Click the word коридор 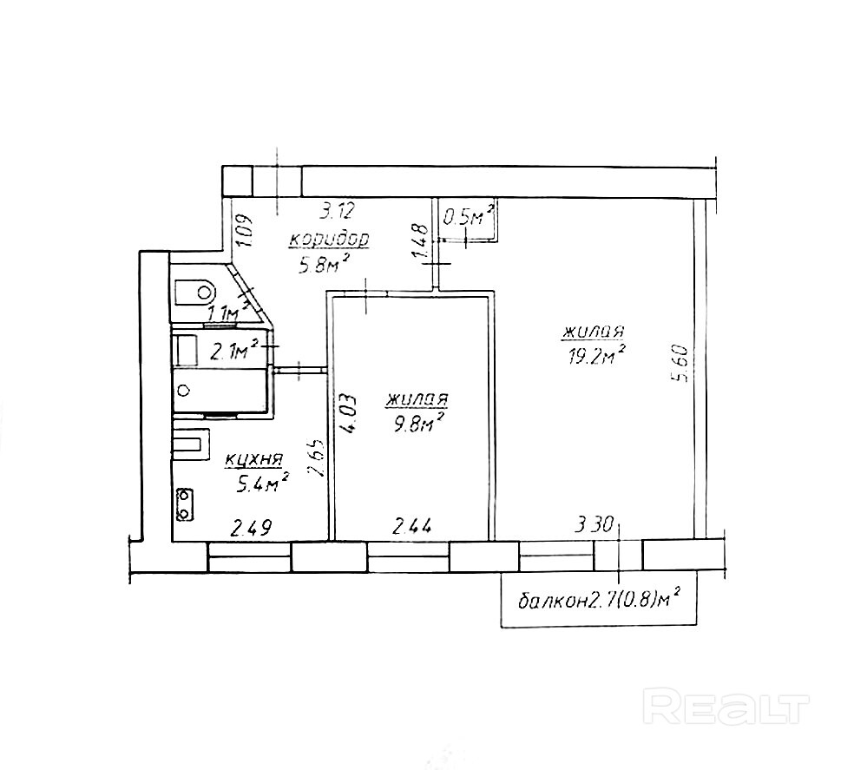click(330, 240)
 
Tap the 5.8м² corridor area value click(323, 264)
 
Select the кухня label click(253, 460)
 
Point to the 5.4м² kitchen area click(261, 484)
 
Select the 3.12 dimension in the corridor click(337, 211)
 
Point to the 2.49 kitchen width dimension click(252, 528)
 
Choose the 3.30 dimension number click(595, 525)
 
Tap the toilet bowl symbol click(196, 292)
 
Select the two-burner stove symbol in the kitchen click(185, 504)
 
